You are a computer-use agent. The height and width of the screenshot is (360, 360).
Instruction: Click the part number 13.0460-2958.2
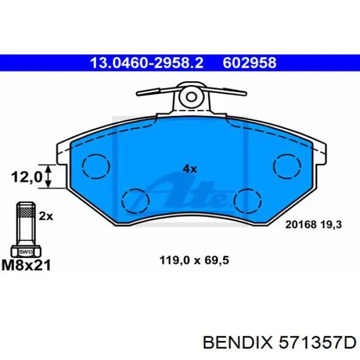[147, 63]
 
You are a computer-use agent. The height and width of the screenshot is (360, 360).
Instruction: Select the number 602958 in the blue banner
[249, 63]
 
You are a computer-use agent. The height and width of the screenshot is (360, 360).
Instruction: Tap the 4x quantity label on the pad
[190, 168]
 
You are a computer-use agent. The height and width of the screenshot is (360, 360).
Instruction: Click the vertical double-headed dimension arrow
[49, 176]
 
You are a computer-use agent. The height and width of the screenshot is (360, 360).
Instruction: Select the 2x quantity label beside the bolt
[46, 217]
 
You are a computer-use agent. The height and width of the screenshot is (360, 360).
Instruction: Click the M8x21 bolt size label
[27, 265]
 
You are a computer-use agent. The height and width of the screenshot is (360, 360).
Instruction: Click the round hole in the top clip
[191, 96]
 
